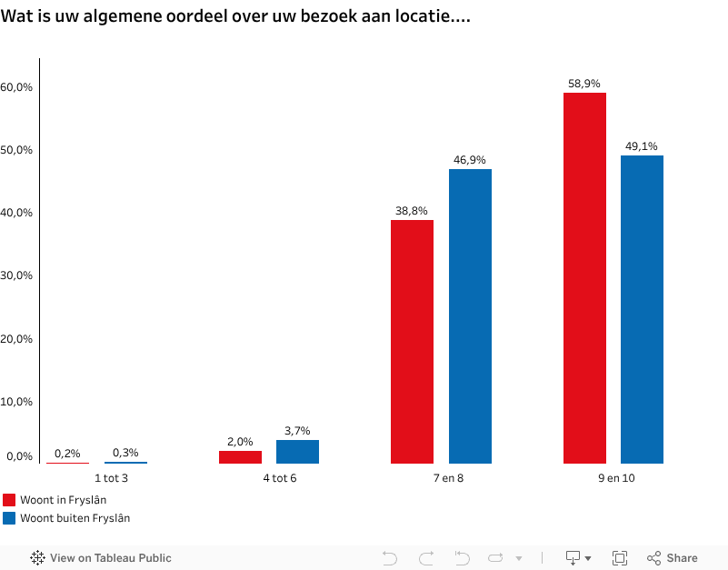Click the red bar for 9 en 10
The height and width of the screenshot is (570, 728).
pyautogui.click(x=584, y=277)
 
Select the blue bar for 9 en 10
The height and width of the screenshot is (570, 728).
pyautogui.click(x=642, y=309)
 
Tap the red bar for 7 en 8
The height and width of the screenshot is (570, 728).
pyautogui.click(x=412, y=341)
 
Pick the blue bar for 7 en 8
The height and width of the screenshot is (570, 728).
pyautogui.click(x=470, y=315)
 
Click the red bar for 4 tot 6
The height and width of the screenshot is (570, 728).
pyautogui.click(x=240, y=456)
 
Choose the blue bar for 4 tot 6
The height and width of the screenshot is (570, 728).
pyautogui.click(x=297, y=451)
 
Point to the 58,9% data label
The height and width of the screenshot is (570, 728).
pyautogui.click(x=584, y=84)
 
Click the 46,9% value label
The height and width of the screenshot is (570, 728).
pyautogui.click(x=470, y=160)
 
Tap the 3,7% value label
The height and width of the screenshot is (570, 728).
pyautogui.click(x=297, y=431)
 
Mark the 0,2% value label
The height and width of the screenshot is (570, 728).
pyautogui.click(x=67, y=453)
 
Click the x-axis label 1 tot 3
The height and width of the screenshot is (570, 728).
pyautogui.click(x=111, y=477)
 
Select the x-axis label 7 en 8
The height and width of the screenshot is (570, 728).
pyautogui.click(x=442, y=477)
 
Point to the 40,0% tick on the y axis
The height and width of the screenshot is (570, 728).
pyautogui.click(x=17, y=213)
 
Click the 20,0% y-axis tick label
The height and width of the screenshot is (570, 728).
pyautogui.click(x=17, y=338)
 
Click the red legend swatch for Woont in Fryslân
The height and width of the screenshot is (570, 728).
pyautogui.click(x=10, y=500)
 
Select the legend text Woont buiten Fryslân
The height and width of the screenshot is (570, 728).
pyautogui.click(x=75, y=518)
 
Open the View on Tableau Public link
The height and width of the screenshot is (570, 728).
pyautogui.click(x=101, y=558)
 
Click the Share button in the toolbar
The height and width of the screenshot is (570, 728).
pyautogui.click(x=673, y=558)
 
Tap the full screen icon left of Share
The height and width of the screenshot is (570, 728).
pyautogui.click(x=620, y=558)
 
